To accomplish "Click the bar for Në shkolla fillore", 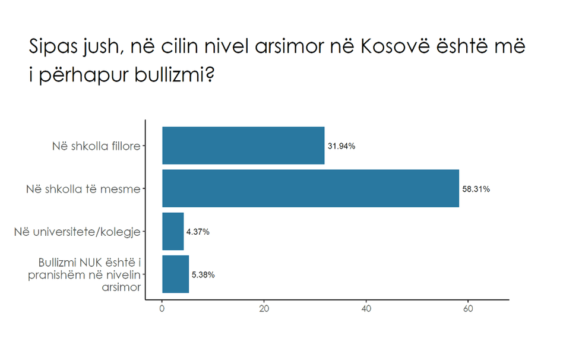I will [243, 146].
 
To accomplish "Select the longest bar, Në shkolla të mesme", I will [311, 189].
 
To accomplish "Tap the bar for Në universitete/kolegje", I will [173, 232].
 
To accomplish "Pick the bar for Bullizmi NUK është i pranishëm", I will [175, 274].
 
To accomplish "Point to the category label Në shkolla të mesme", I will [84, 189].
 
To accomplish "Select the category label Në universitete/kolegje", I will [78, 232].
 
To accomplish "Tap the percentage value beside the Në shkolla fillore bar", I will [341, 146].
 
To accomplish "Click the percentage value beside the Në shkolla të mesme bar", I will [476, 190].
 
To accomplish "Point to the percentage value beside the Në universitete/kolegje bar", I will [198, 232].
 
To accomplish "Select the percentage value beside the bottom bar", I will [203, 274].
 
